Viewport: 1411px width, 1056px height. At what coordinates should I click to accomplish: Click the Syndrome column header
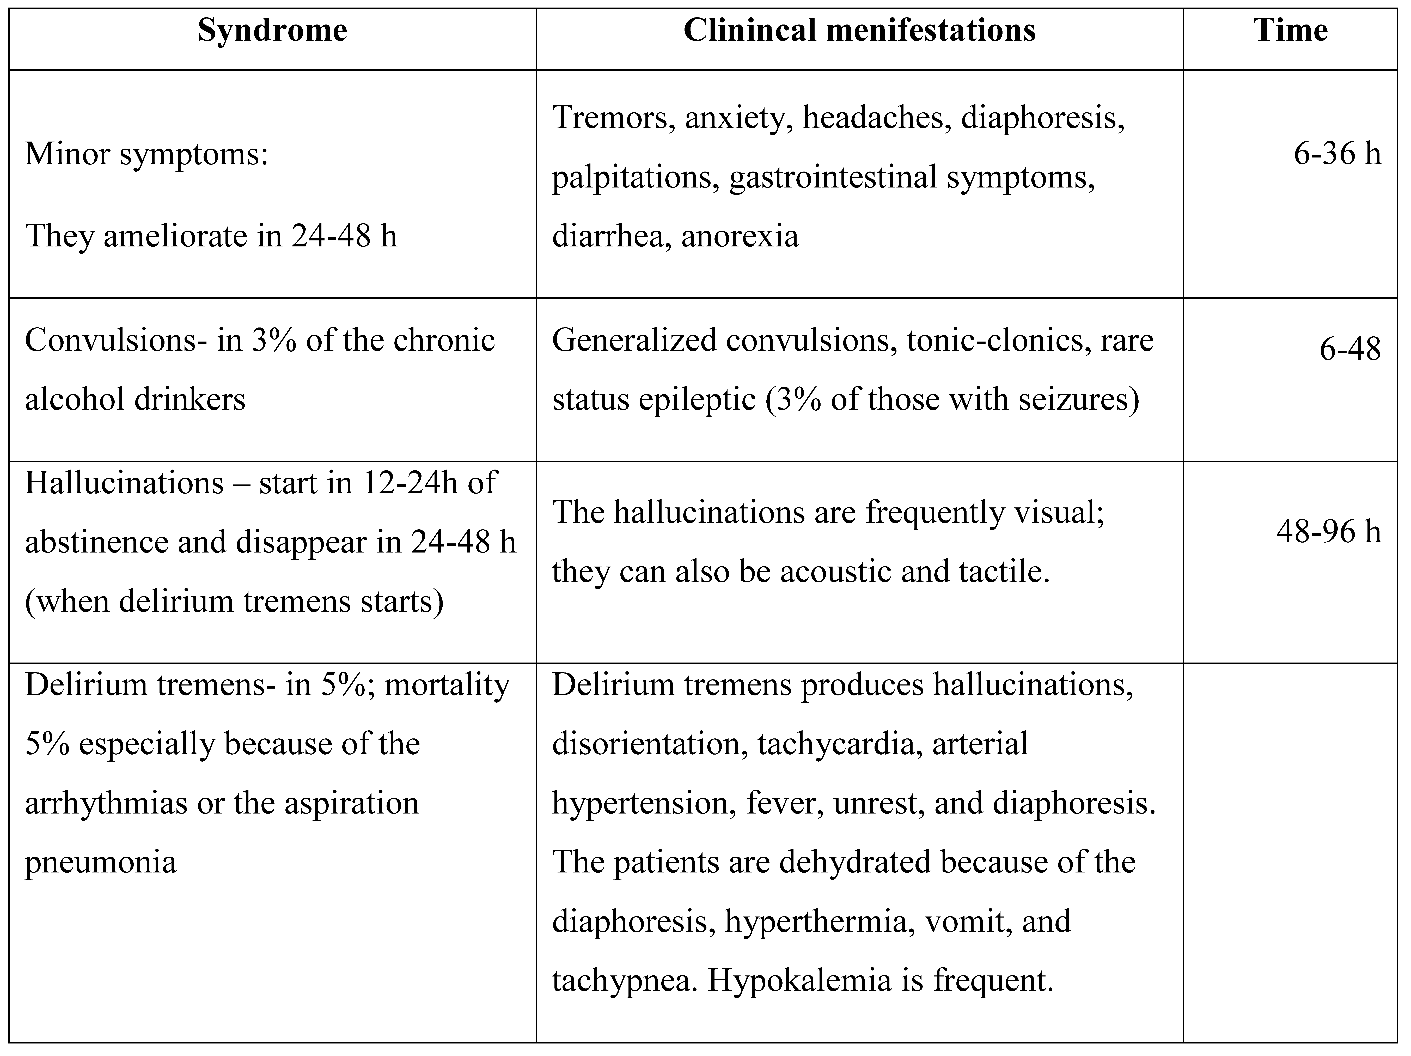pos(272,31)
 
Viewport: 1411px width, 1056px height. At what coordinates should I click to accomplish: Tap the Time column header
pos(1290,31)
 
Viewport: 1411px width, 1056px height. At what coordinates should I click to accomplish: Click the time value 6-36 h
pos(1337,154)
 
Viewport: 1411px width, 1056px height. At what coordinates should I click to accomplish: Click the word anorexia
pos(740,236)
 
